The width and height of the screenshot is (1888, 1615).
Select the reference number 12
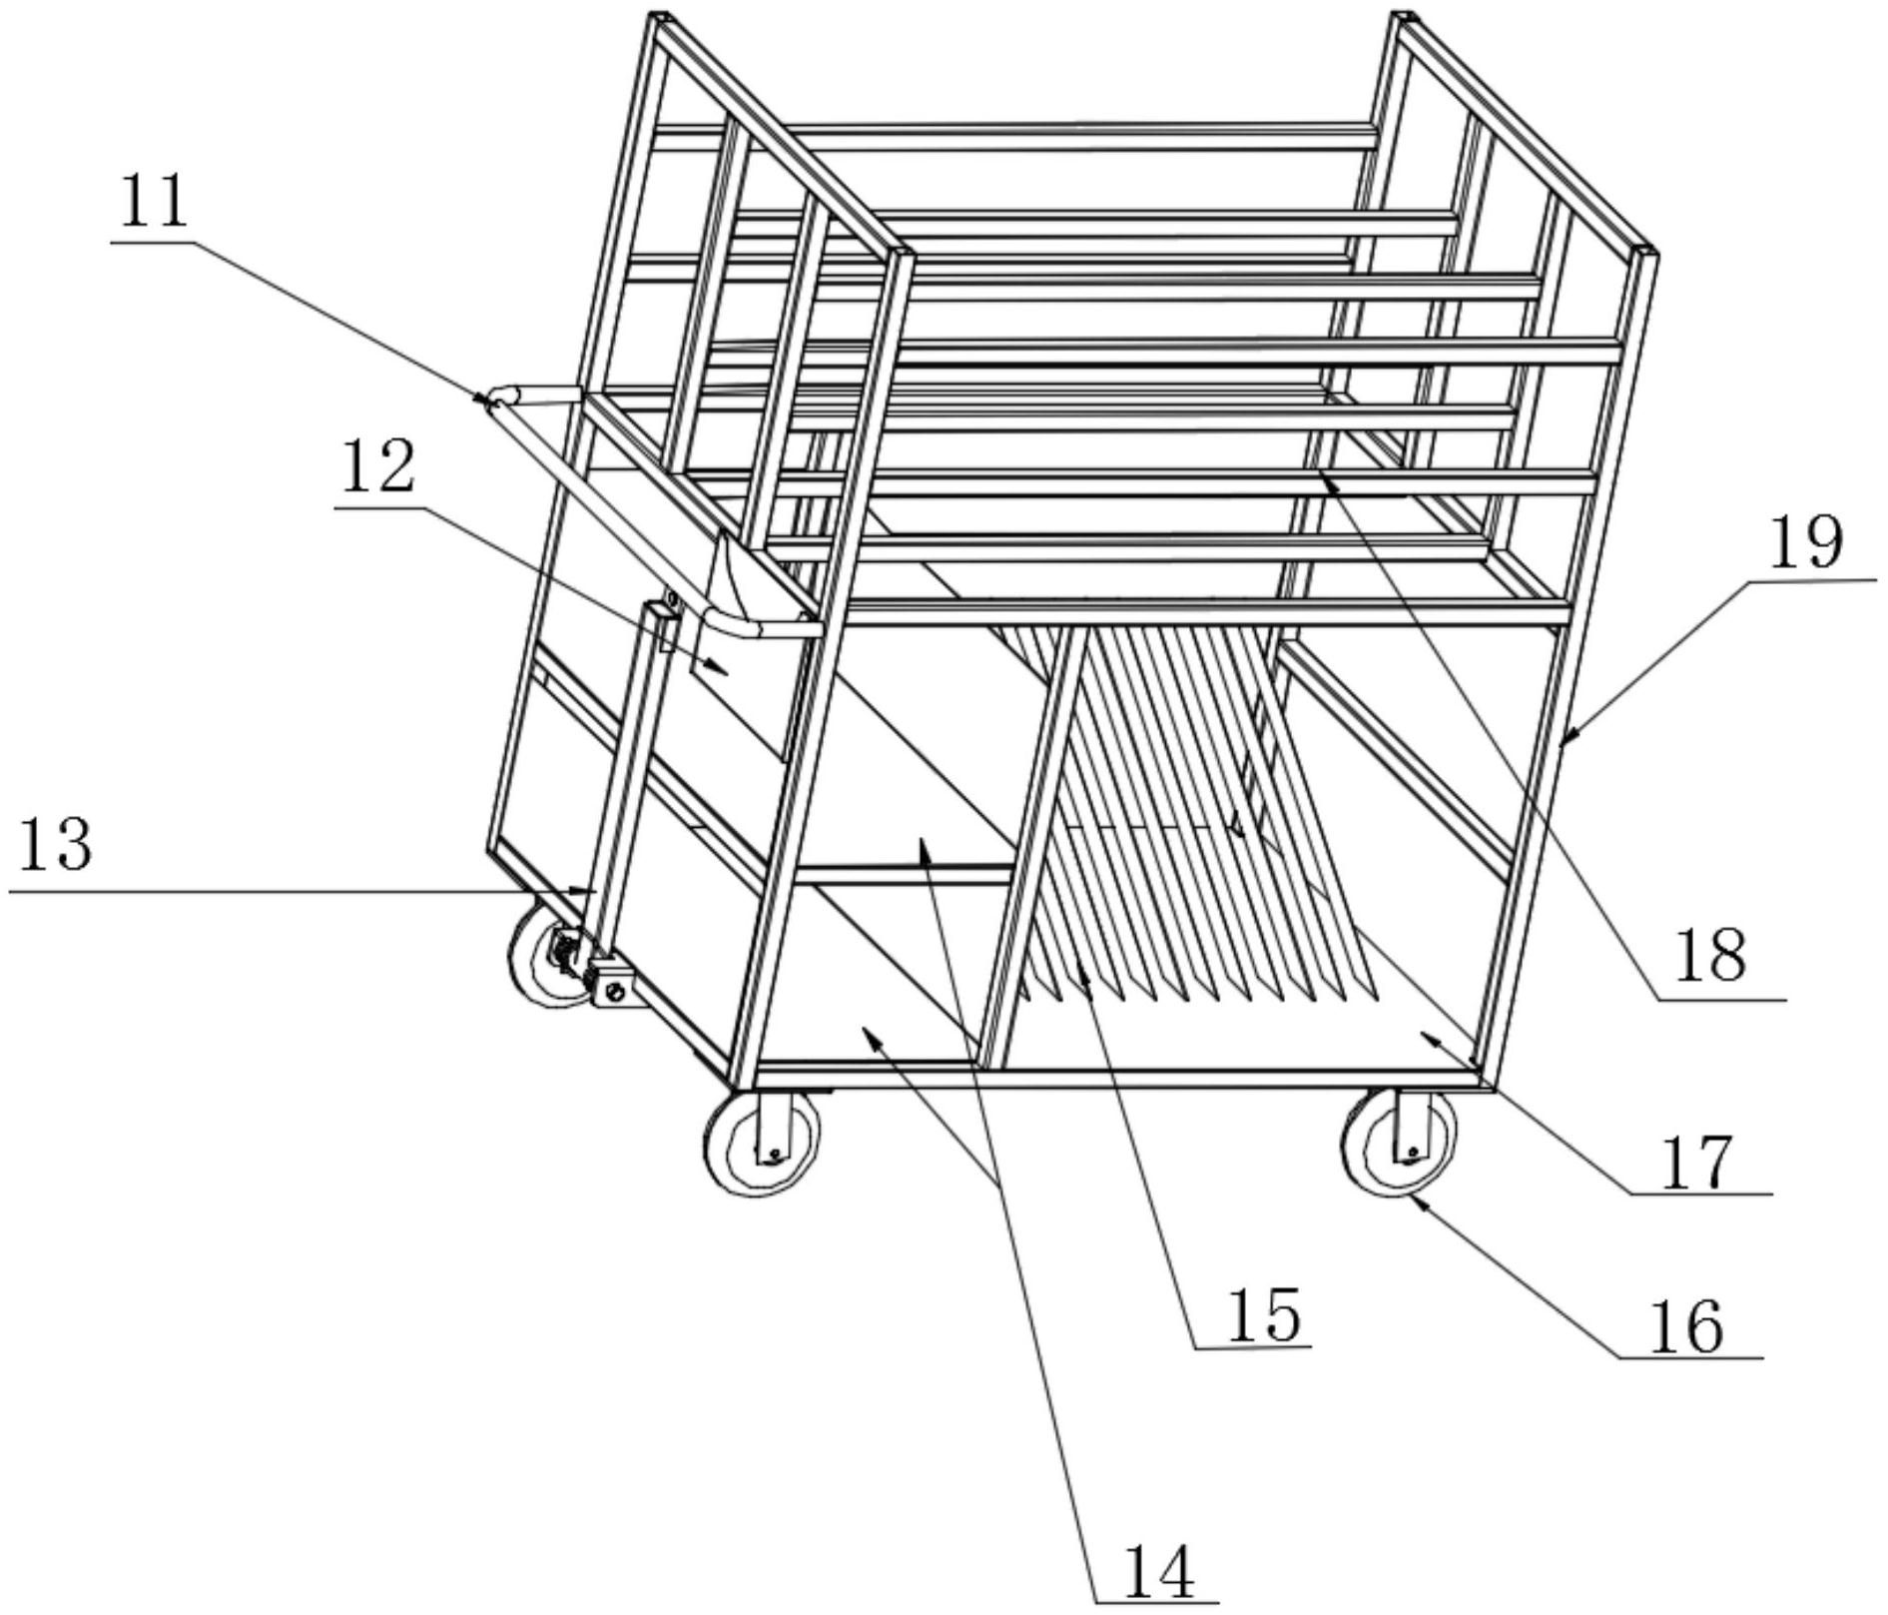(x=378, y=468)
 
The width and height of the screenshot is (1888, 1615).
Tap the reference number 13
(x=56, y=845)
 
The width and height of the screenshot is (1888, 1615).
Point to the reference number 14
(x=1158, y=1571)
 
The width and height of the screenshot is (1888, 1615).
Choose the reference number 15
(x=1263, y=1314)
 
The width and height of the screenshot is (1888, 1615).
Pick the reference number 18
(x=1710, y=954)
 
